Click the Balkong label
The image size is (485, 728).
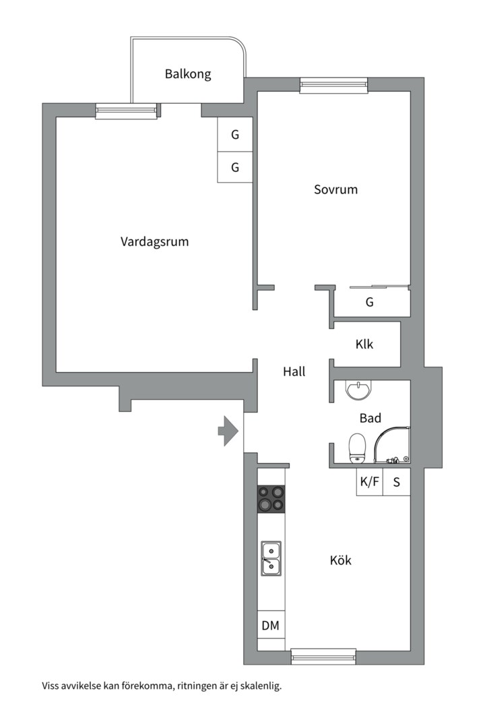(x=188, y=74)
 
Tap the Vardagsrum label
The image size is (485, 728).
(x=154, y=241)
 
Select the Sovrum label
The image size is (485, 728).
(x=335, y=189)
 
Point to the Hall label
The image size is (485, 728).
(x=294, y=371)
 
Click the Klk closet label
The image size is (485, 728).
(x=364, y=344)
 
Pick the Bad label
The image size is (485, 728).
(x=370, y=418)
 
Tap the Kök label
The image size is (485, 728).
(x=340, y=560)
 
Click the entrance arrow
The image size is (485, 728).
(x=228, y=430)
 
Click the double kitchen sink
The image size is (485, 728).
(x=271, y=558)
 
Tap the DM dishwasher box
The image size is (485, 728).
(x=270, y=626)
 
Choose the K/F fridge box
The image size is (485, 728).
(x=369, y=482)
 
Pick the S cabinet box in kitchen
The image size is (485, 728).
(x=397, y=482)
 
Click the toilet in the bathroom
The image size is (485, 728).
(x=357, y=448)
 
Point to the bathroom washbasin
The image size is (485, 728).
(x=357, y=389)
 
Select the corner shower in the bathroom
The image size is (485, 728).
(x=393, y=445)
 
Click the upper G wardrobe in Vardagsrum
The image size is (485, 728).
(x=235, y=134)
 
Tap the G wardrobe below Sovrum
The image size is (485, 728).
(x=370, y=303)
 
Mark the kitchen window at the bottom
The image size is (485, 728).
(x=323, y=656)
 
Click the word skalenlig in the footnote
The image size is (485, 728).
(x=258, y=687)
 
